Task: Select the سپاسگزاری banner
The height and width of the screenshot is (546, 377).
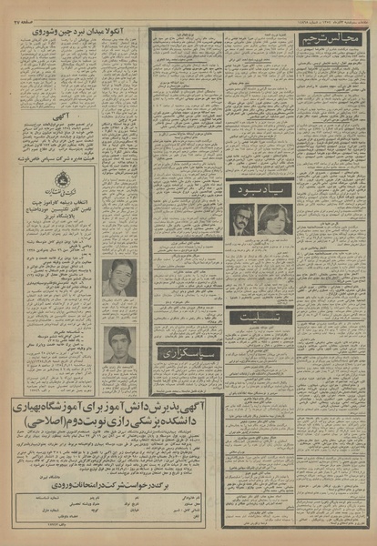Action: click(187, 351)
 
